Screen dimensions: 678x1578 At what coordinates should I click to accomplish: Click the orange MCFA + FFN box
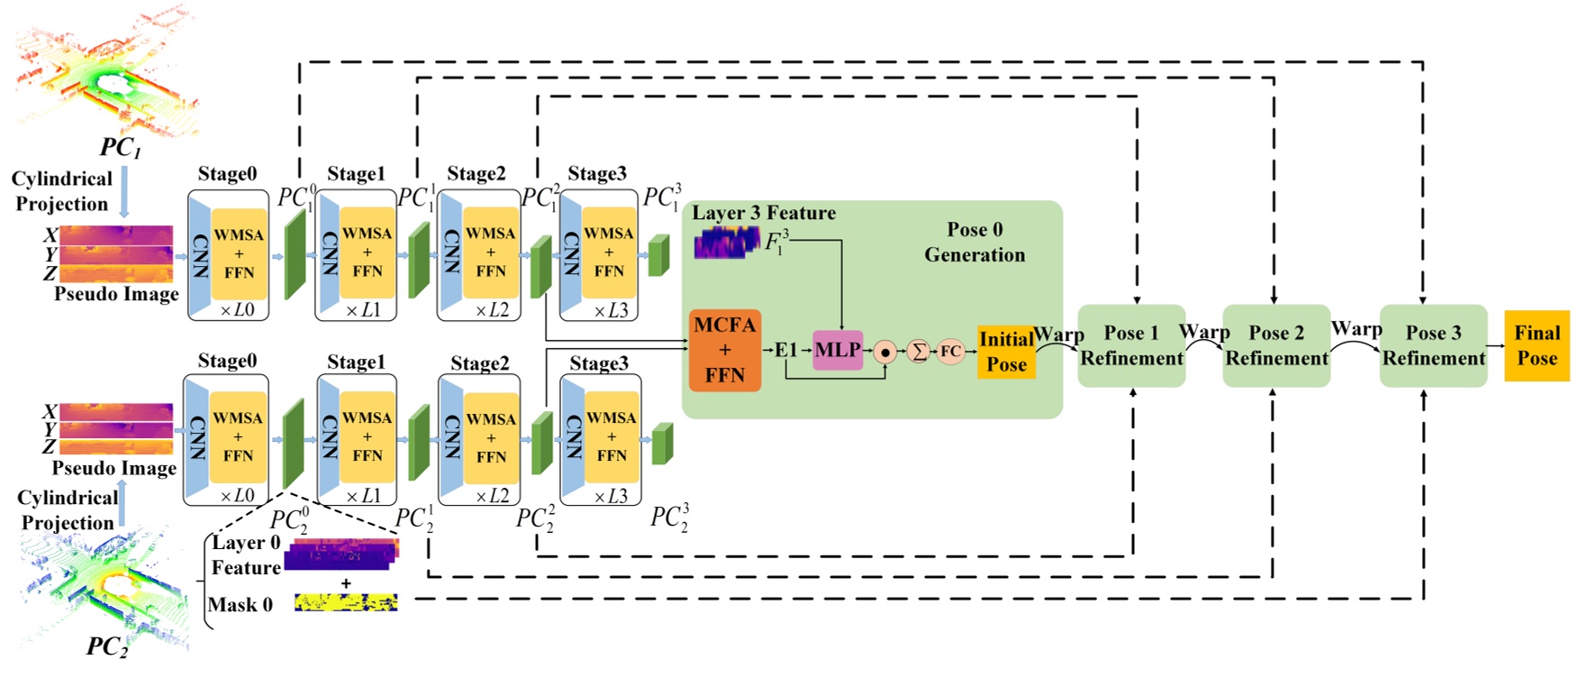(x=724, y=350)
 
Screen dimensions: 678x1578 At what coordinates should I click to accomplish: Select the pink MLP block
(x=837, y=350)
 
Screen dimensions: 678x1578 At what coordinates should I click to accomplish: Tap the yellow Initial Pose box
(x=1006, y=352)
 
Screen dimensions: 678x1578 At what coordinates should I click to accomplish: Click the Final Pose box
(x=1537, y=345)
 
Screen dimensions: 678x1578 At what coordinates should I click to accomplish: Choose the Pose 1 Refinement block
(x=1131, y=346)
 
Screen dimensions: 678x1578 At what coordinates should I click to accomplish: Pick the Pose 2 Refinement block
(x=1276, y=346)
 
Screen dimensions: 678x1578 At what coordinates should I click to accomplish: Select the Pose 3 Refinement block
(x=1433, y=346)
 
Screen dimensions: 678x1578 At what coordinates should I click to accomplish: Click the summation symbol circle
(x=918, y=352)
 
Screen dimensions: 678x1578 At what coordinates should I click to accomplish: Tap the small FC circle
(x=950, y=352)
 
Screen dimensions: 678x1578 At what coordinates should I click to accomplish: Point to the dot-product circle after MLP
(x=885, y=353)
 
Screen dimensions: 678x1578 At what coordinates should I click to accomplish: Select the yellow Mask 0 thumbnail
(x=346, y=602)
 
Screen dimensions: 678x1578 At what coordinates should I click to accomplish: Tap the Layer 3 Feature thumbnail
(x=726, y=243)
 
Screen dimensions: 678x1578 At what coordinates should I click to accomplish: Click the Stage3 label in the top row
(x=596, y=173)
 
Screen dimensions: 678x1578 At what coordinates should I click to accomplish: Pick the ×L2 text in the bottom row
(x=493, y=496)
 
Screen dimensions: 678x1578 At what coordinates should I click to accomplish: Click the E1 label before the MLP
(x=786, y=350)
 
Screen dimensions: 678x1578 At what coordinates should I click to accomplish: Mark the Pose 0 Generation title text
(x=975, y=242)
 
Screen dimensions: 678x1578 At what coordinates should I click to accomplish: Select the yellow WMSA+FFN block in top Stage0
(x=239, y=253)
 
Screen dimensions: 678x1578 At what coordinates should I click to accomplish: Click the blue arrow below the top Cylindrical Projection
(x=124, y=191)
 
